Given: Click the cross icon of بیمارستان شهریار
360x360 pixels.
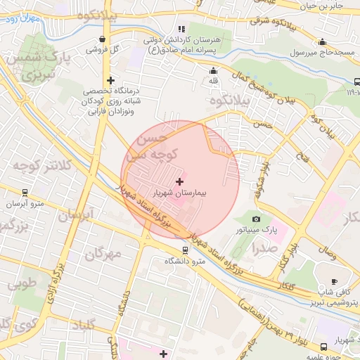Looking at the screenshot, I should (x=179, y=181).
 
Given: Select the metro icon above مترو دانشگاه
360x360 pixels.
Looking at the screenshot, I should (x=185, y=250).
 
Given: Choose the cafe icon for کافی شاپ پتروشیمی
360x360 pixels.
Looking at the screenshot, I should (x=334, y=281).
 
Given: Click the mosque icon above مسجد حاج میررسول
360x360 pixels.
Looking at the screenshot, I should (x=323, y=41).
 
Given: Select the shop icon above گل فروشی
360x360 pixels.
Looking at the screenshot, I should (x=104, y=39).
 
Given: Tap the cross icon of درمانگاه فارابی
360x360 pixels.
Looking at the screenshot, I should (x=110, y=80).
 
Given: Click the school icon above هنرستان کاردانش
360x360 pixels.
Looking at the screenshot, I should (x=182, y=30).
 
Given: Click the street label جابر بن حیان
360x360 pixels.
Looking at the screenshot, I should (x=327, y=6).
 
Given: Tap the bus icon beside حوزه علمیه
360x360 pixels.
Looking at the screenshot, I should (x=323, y=347).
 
